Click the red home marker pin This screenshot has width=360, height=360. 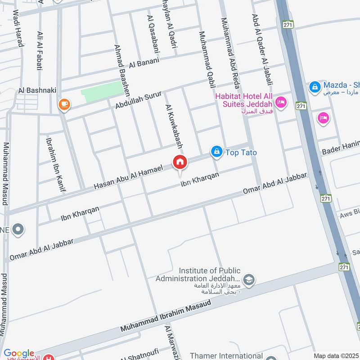[x=180, y=162]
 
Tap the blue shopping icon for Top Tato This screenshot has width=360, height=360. [x=217, y=152]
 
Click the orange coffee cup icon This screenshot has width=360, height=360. [x=64, y=105]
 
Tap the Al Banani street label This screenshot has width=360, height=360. [x=144, y=63]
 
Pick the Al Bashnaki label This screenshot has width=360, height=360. [x=37, y=90]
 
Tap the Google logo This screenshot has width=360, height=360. [x=19, y=354]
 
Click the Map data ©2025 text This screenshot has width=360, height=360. [x=336, y=355]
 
